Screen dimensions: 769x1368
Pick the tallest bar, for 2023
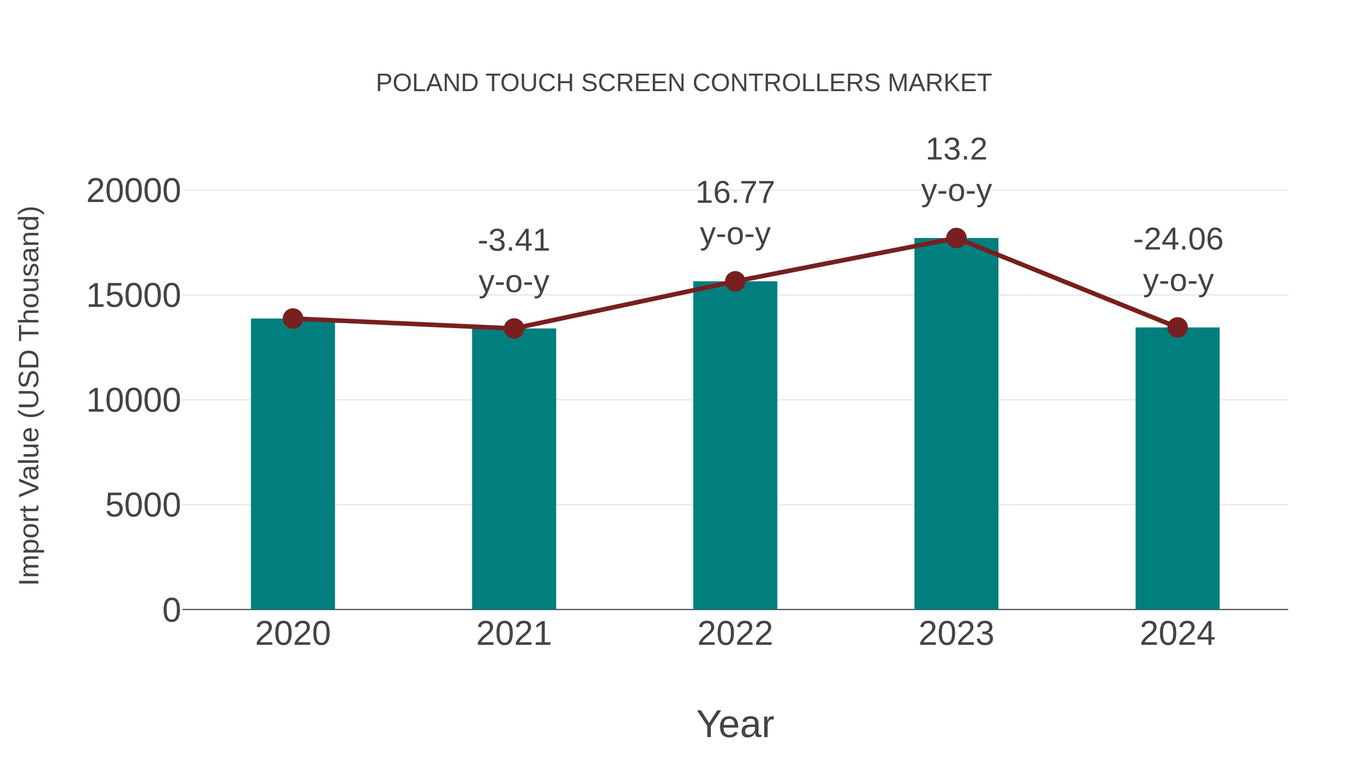click(x=956, y=425)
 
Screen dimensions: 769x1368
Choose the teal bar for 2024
click(x=1177, y=470)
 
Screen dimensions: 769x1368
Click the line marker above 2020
click(x=293, y=319)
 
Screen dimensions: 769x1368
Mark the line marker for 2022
click(x=735, y=281)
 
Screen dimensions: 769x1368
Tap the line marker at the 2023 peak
click(x=956, y=238)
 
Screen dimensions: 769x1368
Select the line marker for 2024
click(x=1177, y=327)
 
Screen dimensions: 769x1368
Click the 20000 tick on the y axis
click(x=133, y=191)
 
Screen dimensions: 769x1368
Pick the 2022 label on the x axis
click(x=735, y=634)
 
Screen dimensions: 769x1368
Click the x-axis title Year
click(x=735, y=724)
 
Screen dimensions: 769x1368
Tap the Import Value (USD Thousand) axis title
click(x=30, y=395)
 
